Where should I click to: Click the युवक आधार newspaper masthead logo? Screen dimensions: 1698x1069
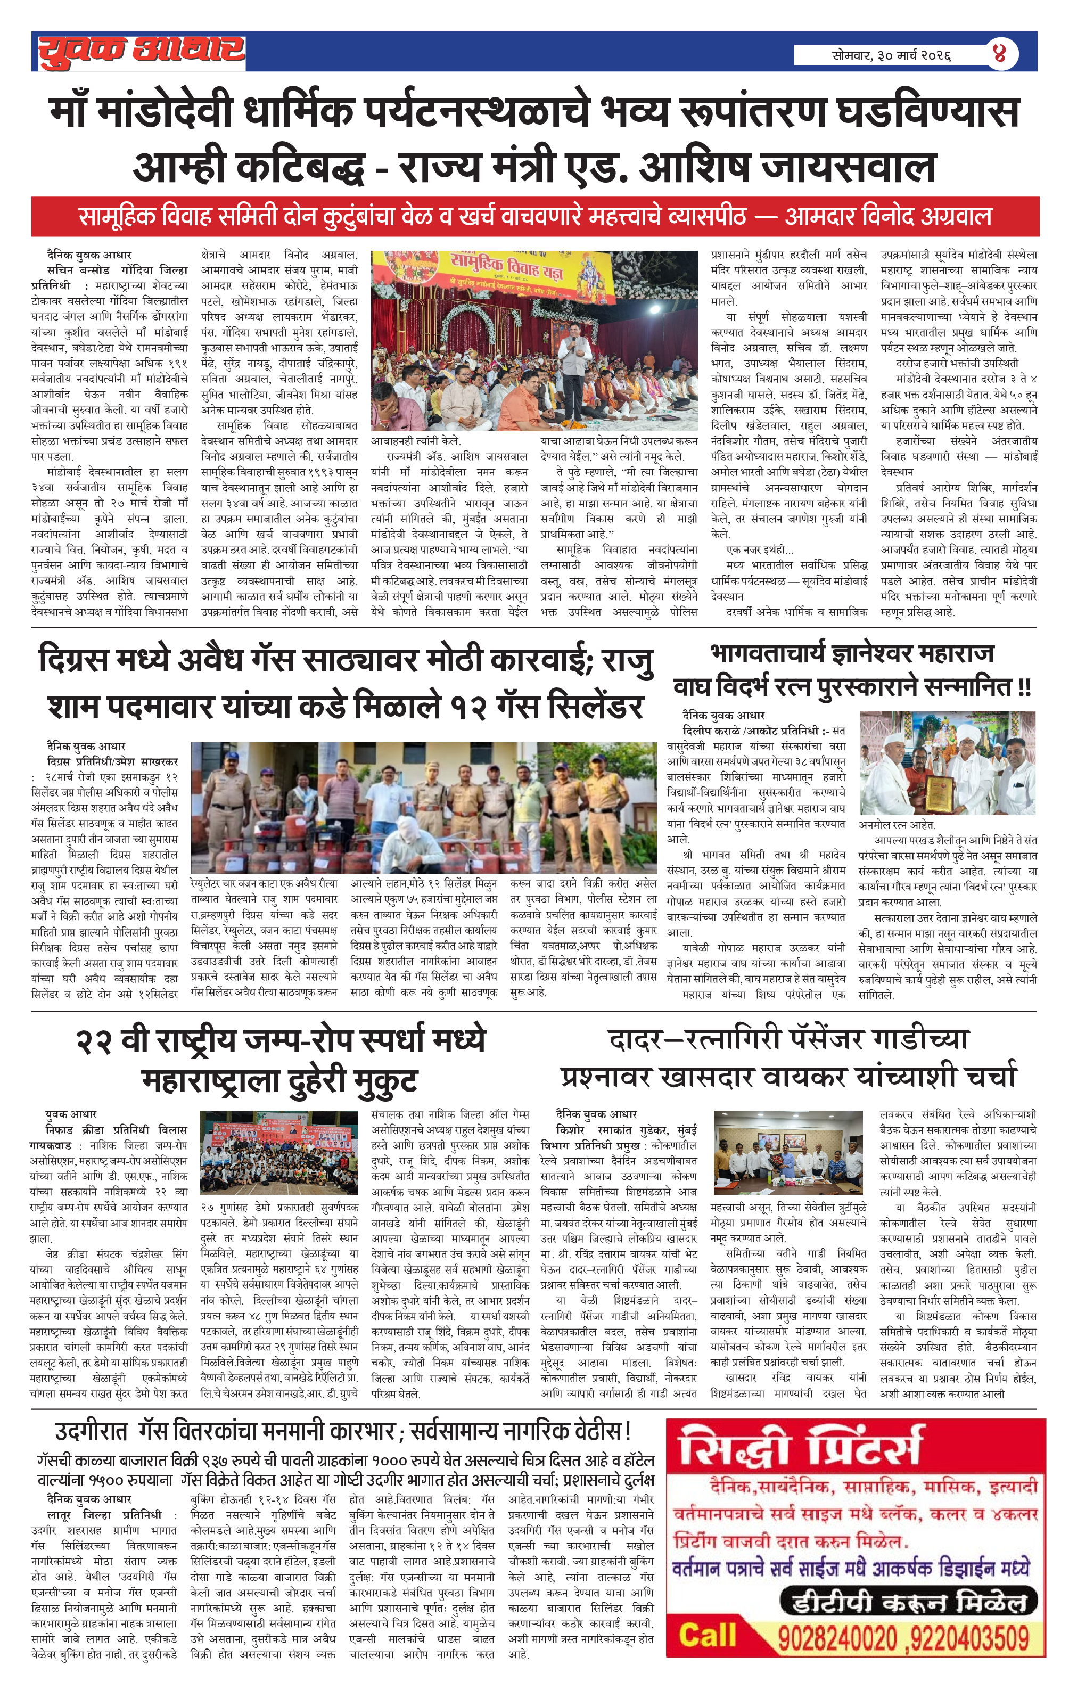click(x=141, y=52)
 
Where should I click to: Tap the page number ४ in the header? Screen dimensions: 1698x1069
click(x=999, y=54)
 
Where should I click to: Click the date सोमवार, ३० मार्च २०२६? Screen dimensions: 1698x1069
click(x=891, y=55)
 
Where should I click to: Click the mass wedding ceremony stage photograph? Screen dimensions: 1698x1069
click(x=534, y=341)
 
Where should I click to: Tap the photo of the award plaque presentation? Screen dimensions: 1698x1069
click(x=947, y=763)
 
